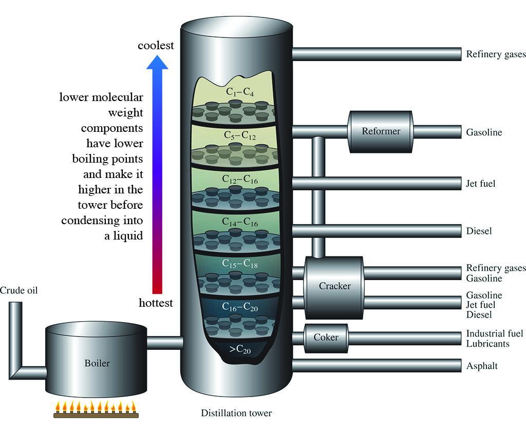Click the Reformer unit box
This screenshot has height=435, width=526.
tap(381, 131)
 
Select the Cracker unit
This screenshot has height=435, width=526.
tap(334, 286)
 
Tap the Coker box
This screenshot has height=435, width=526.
tap(326, 338)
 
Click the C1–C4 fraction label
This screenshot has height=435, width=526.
tap(240, 92)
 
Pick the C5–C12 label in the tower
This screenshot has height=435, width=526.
tap(240, 135)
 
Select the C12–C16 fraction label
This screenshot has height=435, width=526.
tap(240, 179)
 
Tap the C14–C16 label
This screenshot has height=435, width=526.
tap(240, 222)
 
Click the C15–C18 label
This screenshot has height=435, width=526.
tap(240, 264)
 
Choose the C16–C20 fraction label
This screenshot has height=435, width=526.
tap(240, 307)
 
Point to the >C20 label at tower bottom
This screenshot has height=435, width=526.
tap(240, 349)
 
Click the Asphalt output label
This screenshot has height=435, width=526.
tap(482, 366)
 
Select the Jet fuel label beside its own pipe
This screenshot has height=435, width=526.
tap(481, 183)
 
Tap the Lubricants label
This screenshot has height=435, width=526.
tap(487, 344)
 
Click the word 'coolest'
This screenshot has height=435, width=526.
tap(156, 46)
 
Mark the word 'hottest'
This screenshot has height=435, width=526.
tap(156, 303)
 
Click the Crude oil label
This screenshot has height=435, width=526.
tap(19, 291)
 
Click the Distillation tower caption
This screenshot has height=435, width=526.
tap(236, 413)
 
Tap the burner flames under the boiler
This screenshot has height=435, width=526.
tap(96, 407)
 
